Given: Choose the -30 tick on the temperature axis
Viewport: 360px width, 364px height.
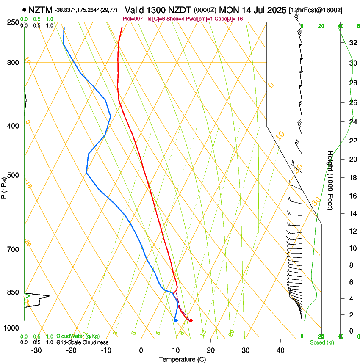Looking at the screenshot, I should click(x=36, y=350).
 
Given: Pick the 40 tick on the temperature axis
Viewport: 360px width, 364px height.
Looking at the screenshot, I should click(x=280, y=350).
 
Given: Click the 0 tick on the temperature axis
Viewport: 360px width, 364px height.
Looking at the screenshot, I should click(x=141, y=350).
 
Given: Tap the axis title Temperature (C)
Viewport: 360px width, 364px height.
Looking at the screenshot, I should click(x=182, y=359).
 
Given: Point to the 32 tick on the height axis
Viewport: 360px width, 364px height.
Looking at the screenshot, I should click(x=353, y=43).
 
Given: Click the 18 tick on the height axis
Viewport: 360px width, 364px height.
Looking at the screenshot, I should click(x=353, y=178).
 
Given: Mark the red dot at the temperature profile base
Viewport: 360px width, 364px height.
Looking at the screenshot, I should click(x=191, y=320).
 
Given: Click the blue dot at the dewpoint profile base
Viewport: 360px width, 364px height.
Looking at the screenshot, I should click(x=176, y=320).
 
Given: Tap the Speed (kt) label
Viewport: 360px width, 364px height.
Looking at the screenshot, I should click(x=321, y=342).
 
